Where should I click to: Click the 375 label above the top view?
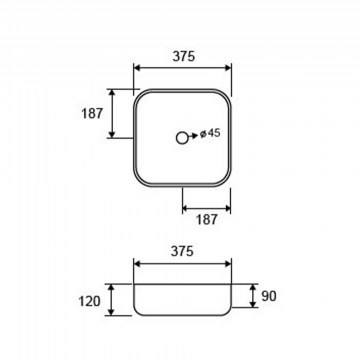[x=183, y=56]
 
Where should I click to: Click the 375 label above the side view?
[x=182, y=251]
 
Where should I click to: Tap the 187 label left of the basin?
[x=92, y=114]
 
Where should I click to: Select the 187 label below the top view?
[x=207, y=220]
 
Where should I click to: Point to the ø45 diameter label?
[x=210, y=133]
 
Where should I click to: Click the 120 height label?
[x=89, y=302]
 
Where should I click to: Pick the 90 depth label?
[x=269, y=296]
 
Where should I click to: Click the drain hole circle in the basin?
[x=182, y=138]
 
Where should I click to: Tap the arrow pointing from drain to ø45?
[x=193, y=136]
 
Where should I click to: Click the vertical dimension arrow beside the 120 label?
[x=111, y=300]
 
